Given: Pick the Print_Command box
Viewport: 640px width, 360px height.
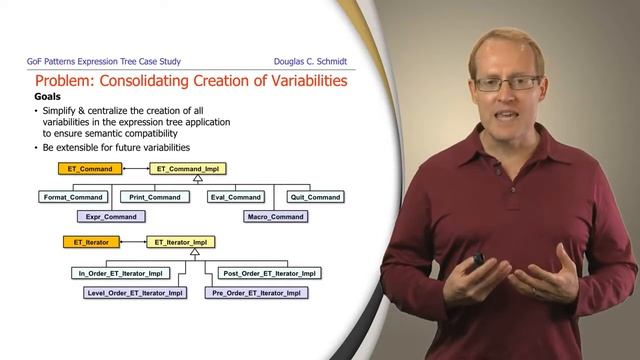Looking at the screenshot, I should [155, 197].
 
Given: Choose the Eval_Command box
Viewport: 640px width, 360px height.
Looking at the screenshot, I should [236, 197].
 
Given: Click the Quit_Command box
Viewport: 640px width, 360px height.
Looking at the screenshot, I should [315, 197].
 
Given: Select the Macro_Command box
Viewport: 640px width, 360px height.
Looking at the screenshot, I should [274, 216].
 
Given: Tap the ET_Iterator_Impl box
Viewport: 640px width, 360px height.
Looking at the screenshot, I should [181, 242].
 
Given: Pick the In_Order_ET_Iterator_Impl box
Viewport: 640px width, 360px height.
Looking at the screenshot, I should [119, 273].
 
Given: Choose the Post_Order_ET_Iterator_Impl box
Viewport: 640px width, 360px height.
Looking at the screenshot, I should [270, 273].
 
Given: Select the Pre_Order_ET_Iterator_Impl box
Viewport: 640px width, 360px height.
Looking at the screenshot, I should [256, 293].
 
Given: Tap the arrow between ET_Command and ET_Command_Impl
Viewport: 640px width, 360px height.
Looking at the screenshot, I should [135, 169].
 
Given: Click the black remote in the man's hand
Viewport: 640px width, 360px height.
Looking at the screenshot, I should [479, 260].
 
